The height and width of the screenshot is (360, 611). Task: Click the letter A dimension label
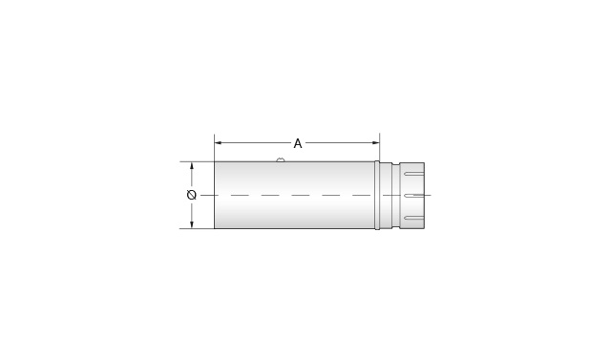pyautogui.click(x=298, y=144)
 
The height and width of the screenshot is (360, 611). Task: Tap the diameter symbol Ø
pyautogui.click(x=192, y=195)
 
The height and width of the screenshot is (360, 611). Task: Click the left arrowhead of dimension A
pyautogui.click(x=219, y=143)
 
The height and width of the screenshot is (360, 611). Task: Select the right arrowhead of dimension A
pyautogui.click(x=375, y=143)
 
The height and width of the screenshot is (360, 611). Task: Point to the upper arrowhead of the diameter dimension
pyautogui.click(x=192, y=165)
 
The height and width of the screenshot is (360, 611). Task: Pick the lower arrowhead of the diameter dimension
pyautogui.click(x=192, y=224)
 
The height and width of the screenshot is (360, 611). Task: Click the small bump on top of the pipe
pyautogui.click(x=281, y=159)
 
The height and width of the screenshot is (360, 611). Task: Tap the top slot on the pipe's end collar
pyautogui.click(x=413, y=174)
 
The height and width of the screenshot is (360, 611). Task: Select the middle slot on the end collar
pyautogui.click(x=413, y=195)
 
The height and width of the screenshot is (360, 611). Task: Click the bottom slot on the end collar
pyautogui.click(x=413, y=217)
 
